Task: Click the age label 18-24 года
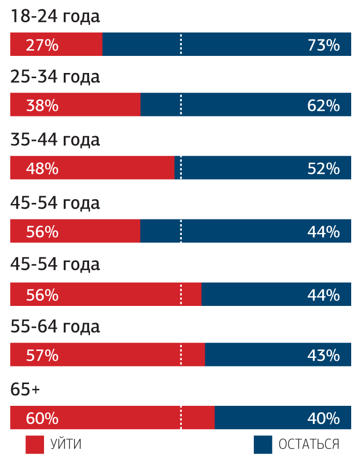click(55, 17)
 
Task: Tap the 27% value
click(42, 45)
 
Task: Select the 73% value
click(323, 45)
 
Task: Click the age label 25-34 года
click(55, 77)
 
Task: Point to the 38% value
click(42, 106)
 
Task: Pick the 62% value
click(323, 106)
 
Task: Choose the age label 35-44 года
click(55, 140)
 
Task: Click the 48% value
click(42, 169)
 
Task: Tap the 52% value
click(323, 169)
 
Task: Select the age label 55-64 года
click(55, 327)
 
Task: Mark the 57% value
click(42, 356)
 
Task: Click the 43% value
click(323, 356)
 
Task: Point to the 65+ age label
click(25, 390)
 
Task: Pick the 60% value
click(42, 418)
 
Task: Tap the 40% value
click(323, 418)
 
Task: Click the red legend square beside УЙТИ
click(34, 444)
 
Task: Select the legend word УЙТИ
click(66, 444)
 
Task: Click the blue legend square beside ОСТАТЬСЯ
click(263, 444)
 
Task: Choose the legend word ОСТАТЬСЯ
click(309, 444)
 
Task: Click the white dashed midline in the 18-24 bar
click(181, 45)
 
